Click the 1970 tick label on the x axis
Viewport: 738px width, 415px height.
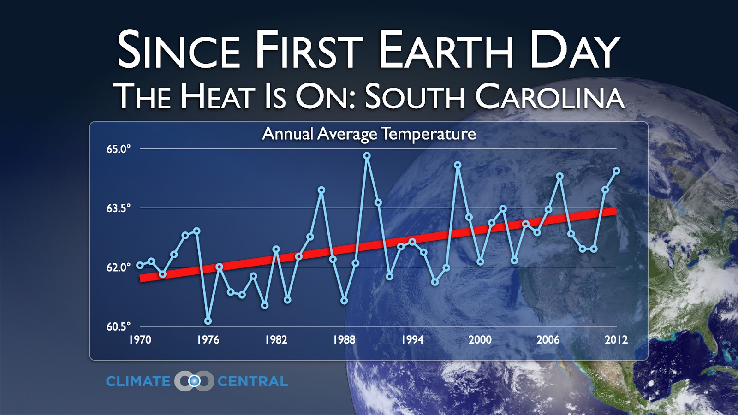point(140,340)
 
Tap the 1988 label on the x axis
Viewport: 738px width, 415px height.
point(344,340)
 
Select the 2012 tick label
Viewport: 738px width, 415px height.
point(616,340)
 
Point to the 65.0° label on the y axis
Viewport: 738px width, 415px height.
point(118,149)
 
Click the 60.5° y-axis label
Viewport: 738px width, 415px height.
point(118,326)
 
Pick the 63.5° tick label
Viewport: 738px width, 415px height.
point(118,208)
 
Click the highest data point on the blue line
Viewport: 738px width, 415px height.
point(367,156)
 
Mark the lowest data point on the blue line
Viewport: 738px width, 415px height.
point(208,321)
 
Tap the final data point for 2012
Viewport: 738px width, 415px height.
point(616,171)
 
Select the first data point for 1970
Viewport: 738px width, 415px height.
point(140,265)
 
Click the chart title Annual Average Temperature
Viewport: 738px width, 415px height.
point(369,134)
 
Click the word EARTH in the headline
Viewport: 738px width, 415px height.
point(446,50)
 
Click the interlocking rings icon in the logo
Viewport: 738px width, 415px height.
point(194,381)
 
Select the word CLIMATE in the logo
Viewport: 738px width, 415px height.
point(138,381)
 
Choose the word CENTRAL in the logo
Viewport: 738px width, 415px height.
point(252,381)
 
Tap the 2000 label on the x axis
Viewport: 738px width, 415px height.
point(480,340)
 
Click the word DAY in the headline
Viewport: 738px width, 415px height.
point(574,50)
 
